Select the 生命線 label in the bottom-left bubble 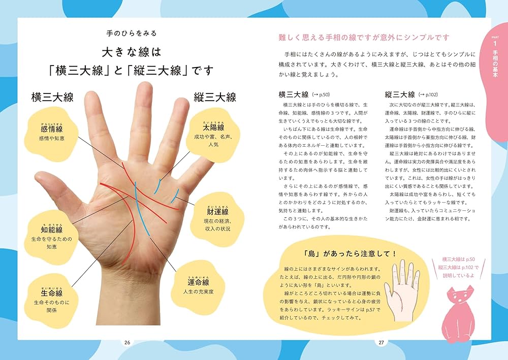(52, 293)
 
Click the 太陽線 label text (213, 128)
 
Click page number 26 (127, 342)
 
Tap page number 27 (381, 342)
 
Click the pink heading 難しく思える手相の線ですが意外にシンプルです (364, 37)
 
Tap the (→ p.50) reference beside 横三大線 (321, 94)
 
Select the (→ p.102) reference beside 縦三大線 (428, 94)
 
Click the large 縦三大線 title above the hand (215, 97)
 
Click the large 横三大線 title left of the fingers (53, 97)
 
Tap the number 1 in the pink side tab (495, 44)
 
